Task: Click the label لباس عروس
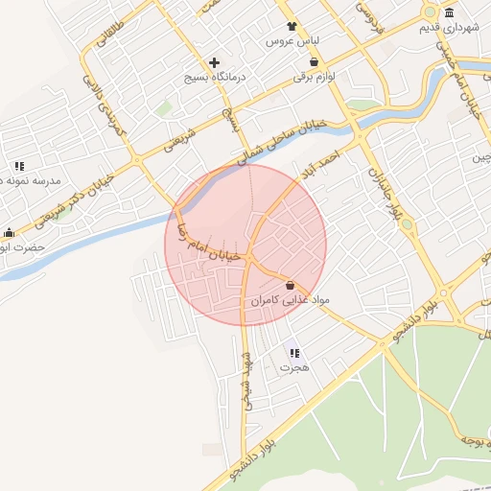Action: (x=292, y=43)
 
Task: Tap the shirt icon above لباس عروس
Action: (x=292, y=27)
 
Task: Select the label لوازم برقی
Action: (x=313, y=76)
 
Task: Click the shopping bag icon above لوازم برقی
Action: (x=313, y=61)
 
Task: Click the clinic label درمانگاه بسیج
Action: (x=215, y=76)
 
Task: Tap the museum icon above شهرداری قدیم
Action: (x=449, y=12)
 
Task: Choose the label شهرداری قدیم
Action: (x=449, y=27)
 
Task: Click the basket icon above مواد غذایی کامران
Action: (x=290, y=285)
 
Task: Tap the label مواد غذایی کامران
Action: (x=290, y=300)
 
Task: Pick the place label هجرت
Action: (x=293, y=367)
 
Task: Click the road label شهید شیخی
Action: (x=247, y=380)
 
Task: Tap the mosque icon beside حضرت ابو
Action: (x=10, y=232)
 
